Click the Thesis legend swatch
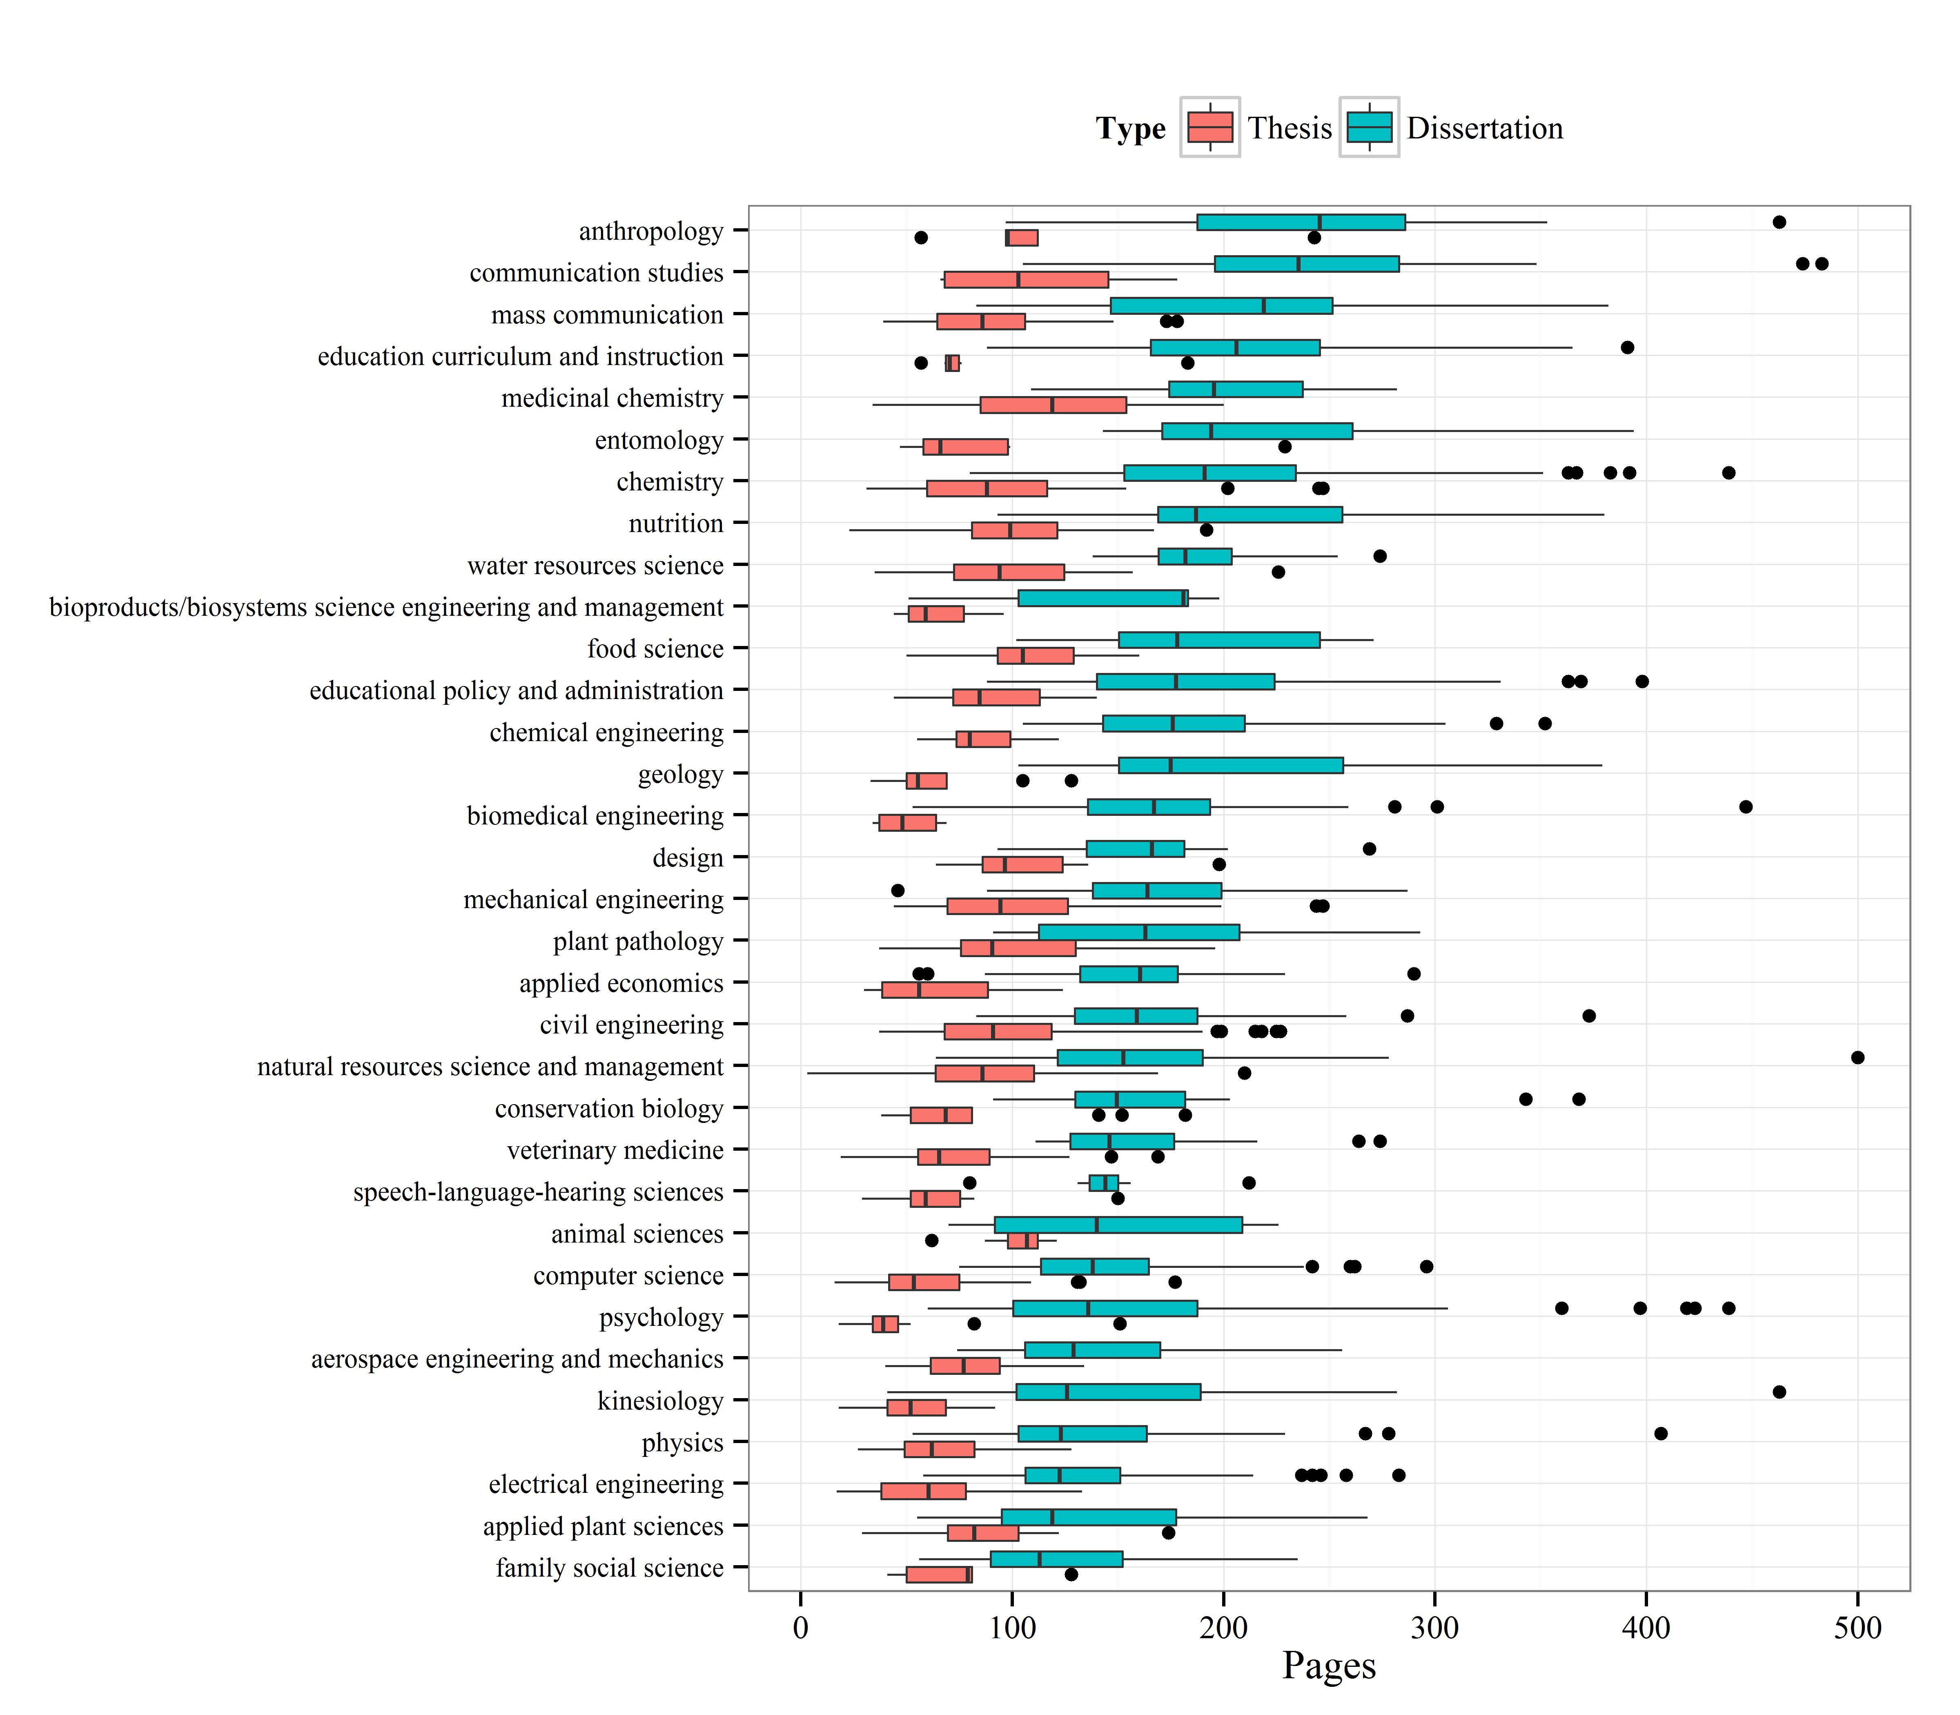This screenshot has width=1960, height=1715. click(x=1209, y=127)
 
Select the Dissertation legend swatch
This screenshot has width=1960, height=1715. click(x=1369, y=127)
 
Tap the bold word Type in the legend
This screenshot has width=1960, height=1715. click(x=1130, y=128)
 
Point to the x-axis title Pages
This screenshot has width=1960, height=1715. click(x=1328, y=1664)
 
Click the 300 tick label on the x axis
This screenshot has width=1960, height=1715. click(x=1434, y=1627)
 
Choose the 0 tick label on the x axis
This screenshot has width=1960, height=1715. click(x=800, y=1627)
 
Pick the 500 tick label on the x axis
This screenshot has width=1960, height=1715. click(x=1858, y=1627)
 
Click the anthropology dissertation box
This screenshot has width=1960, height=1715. click(x=1301, y=222)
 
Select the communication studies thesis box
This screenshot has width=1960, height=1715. click(x=1026, y=279)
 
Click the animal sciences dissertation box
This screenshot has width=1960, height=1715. click(x=1118, y=1225)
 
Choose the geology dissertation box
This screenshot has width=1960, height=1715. click(x=1231, y=766)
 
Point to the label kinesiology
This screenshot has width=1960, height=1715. click(x=660, y=1401)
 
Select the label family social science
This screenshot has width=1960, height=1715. click(x=610, y=1568)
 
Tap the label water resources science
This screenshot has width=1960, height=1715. click(x=595, y=566)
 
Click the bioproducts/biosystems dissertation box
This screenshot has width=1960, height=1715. click(x=1102, y=598)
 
